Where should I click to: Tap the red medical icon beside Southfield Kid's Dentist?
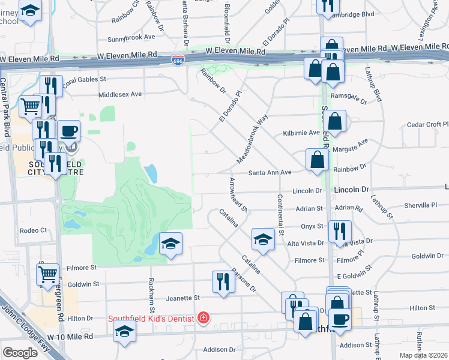[204, 317]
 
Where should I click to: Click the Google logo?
[20, 353]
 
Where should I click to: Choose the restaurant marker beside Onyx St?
[340, 230]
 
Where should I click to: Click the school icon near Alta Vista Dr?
[262, 239]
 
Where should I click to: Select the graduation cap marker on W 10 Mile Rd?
[124, 331]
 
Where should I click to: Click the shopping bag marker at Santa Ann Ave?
[316, 160]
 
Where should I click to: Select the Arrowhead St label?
[238, 194]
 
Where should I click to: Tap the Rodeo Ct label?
[33, 230]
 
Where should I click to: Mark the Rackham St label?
[152, 296]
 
